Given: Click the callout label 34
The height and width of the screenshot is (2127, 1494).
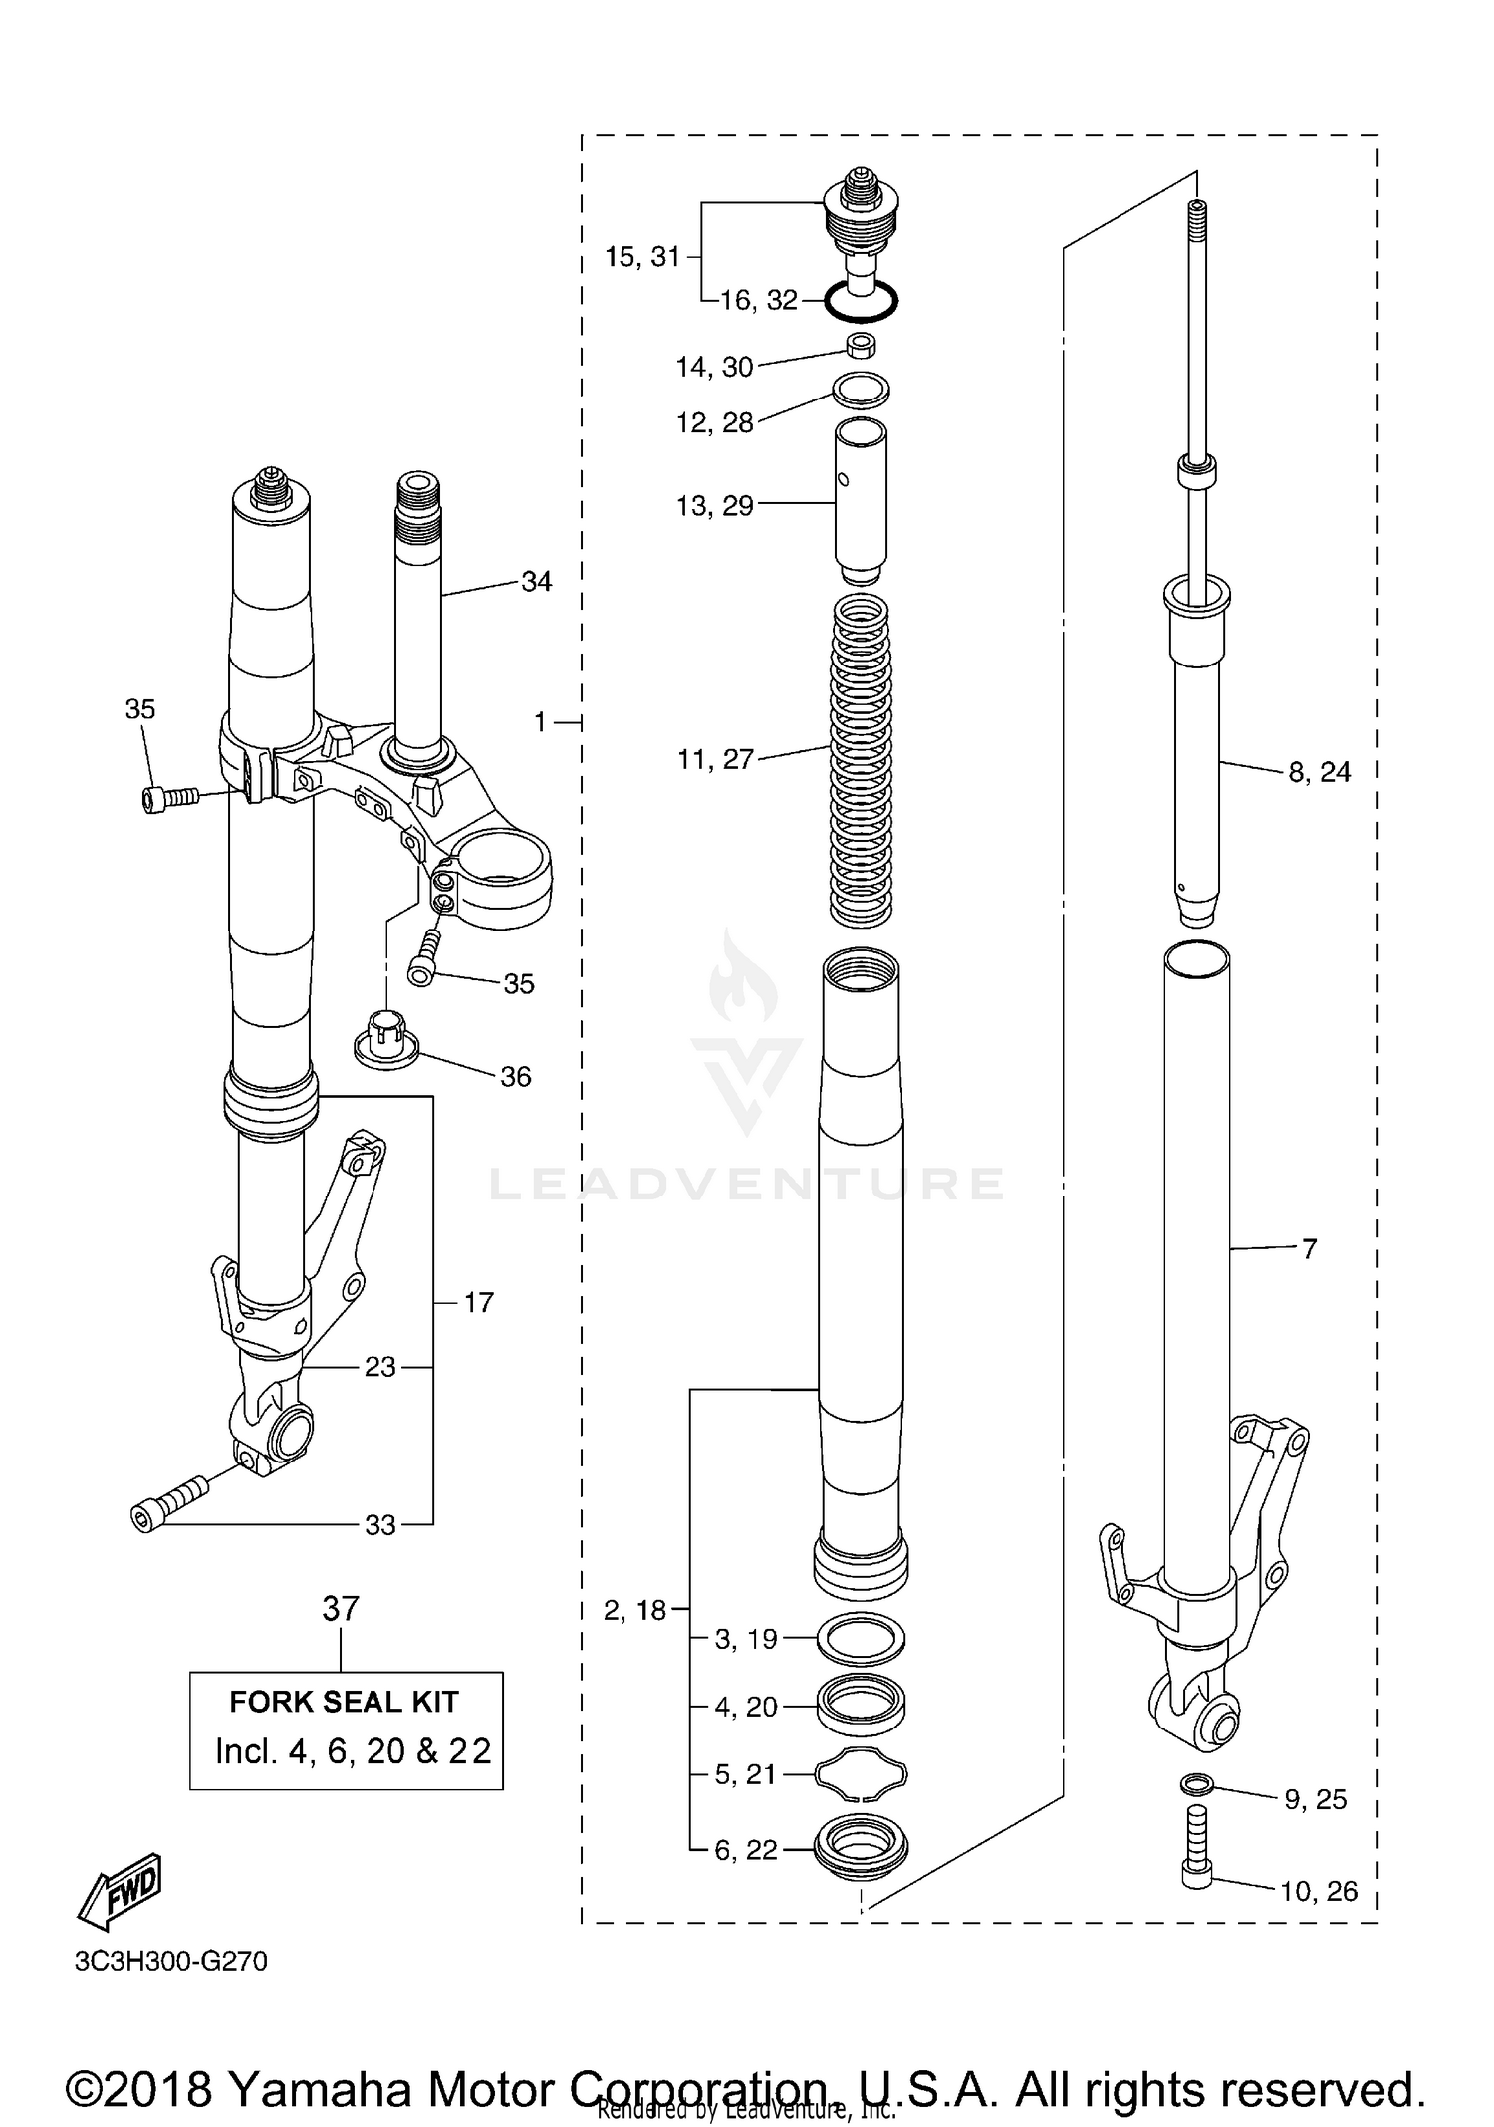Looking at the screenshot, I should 536,581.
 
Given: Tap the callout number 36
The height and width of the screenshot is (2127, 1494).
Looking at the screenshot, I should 515,1076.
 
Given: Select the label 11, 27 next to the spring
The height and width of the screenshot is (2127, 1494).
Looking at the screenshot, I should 715,760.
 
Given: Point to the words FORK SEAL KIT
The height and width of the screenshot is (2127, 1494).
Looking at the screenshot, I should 344,1701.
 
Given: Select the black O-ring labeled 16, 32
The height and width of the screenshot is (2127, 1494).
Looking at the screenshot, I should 862,300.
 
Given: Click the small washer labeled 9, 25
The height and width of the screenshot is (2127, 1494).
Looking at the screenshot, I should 1196,1782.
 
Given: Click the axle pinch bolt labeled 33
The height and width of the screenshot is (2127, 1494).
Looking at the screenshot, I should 169,1504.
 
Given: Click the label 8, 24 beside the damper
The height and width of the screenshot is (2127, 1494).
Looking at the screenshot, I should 1319,772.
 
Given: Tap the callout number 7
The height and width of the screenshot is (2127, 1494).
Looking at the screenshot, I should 1309,1248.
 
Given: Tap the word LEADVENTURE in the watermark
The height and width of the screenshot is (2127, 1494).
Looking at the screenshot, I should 747,1184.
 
